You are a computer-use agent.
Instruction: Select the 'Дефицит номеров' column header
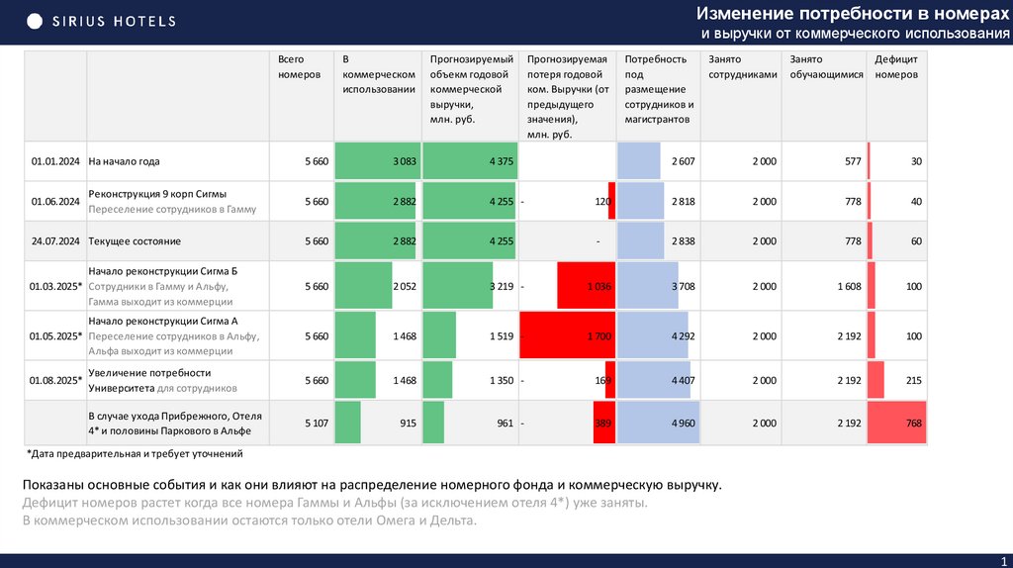897,67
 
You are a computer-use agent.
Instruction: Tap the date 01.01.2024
55,161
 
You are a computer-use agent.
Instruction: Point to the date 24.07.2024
55,240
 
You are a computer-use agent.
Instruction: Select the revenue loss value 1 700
599,336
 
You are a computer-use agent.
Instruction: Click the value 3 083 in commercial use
404,161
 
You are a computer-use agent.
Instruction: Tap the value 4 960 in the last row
683,424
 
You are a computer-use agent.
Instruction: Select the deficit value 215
912,380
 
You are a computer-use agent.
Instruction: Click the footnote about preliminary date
134,454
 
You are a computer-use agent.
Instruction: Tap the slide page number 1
1002,561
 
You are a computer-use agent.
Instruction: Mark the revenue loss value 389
601,424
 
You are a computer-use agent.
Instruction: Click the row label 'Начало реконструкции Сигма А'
164,322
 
